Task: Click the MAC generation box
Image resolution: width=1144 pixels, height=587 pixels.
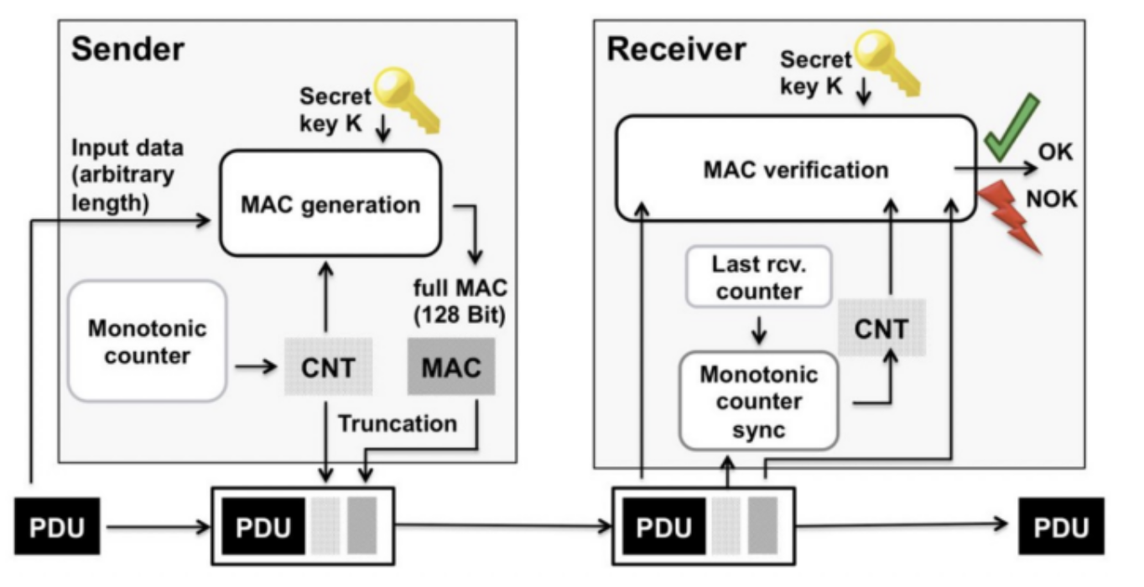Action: pos(330,204)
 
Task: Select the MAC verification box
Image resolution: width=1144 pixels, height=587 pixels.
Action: pos(796,170)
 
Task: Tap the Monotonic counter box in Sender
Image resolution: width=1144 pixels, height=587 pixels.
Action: pos(148,340)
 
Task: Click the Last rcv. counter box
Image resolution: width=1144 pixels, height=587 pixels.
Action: pos(758,278)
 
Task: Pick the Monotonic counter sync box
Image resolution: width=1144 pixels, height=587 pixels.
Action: pos(758,401)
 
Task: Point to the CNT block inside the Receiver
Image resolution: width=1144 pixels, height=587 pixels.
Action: pos(880,329)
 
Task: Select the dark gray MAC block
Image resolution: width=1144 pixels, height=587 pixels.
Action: pos(450,367)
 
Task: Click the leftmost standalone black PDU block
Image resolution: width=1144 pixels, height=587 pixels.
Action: pos(56,527)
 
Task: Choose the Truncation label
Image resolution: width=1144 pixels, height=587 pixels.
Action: pos(398,423)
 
